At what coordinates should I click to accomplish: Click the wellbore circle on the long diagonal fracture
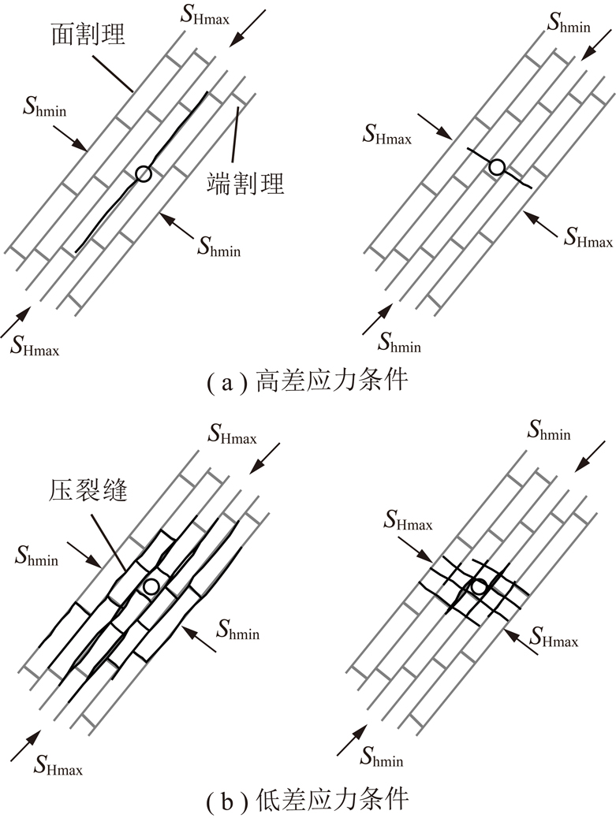143,174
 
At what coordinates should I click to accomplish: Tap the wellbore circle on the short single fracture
497,167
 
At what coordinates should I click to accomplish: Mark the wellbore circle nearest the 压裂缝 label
151,586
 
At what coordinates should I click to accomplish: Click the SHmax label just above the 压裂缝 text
232,434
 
